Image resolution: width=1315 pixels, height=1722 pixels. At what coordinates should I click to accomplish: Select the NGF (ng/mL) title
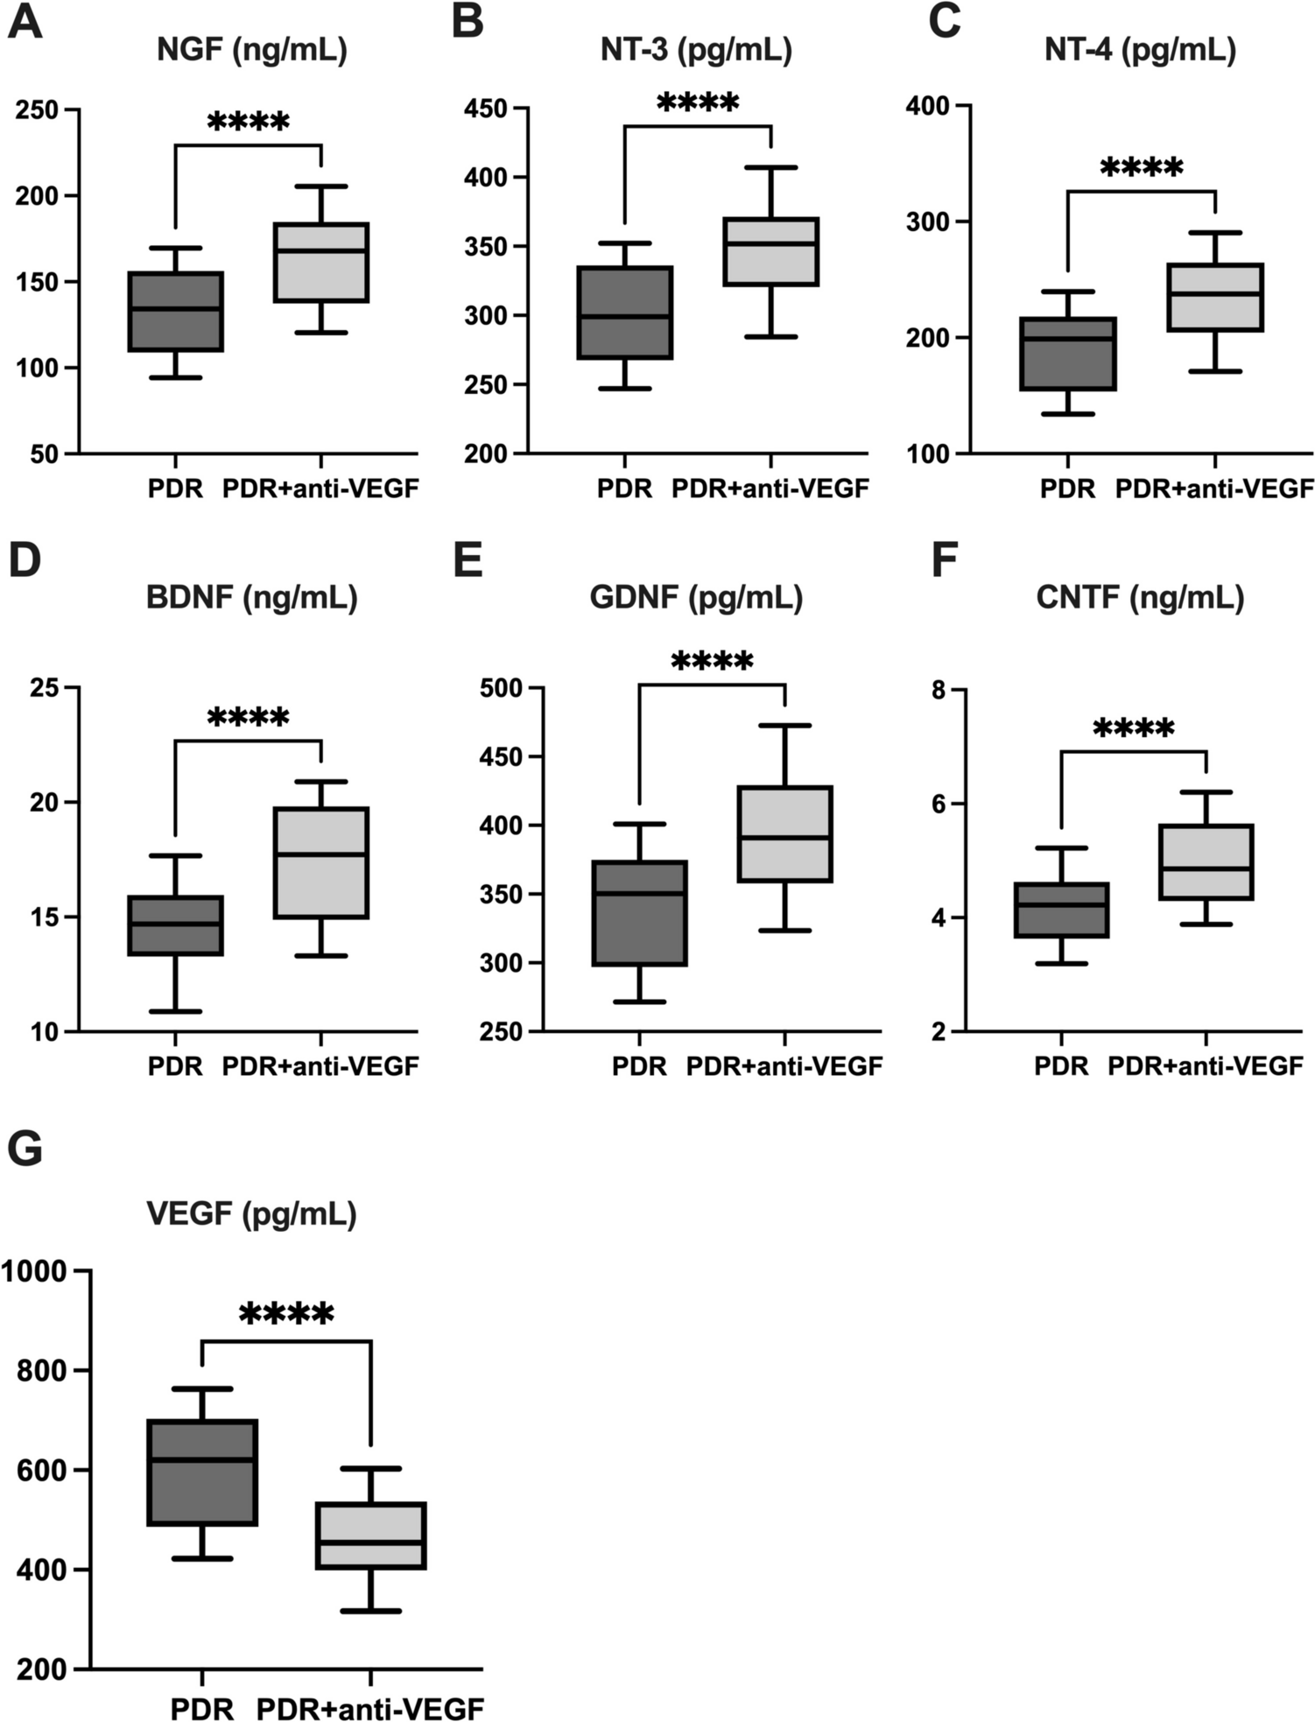coord(252,50)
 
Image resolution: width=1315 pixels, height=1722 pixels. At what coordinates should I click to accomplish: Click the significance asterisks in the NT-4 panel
coord(1141,167)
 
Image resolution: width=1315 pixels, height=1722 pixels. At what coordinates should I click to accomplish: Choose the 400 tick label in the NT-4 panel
coord(934,106)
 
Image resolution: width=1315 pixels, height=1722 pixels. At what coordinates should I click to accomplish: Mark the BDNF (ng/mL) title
coord(252,598)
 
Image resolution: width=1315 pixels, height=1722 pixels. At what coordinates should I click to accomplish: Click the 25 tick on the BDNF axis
coord(46,688)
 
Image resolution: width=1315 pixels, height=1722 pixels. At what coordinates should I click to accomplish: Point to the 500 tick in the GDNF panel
coord(507,688)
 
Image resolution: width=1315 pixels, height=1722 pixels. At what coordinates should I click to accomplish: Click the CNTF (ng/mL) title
coord(1140,598)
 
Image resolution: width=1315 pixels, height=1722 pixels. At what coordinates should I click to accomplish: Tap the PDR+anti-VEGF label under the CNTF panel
coord(1206,1066)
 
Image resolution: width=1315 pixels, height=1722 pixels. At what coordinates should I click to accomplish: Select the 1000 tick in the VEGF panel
coord(35,1271)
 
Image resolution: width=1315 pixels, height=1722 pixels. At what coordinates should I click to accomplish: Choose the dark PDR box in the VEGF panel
coord(202,1472)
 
